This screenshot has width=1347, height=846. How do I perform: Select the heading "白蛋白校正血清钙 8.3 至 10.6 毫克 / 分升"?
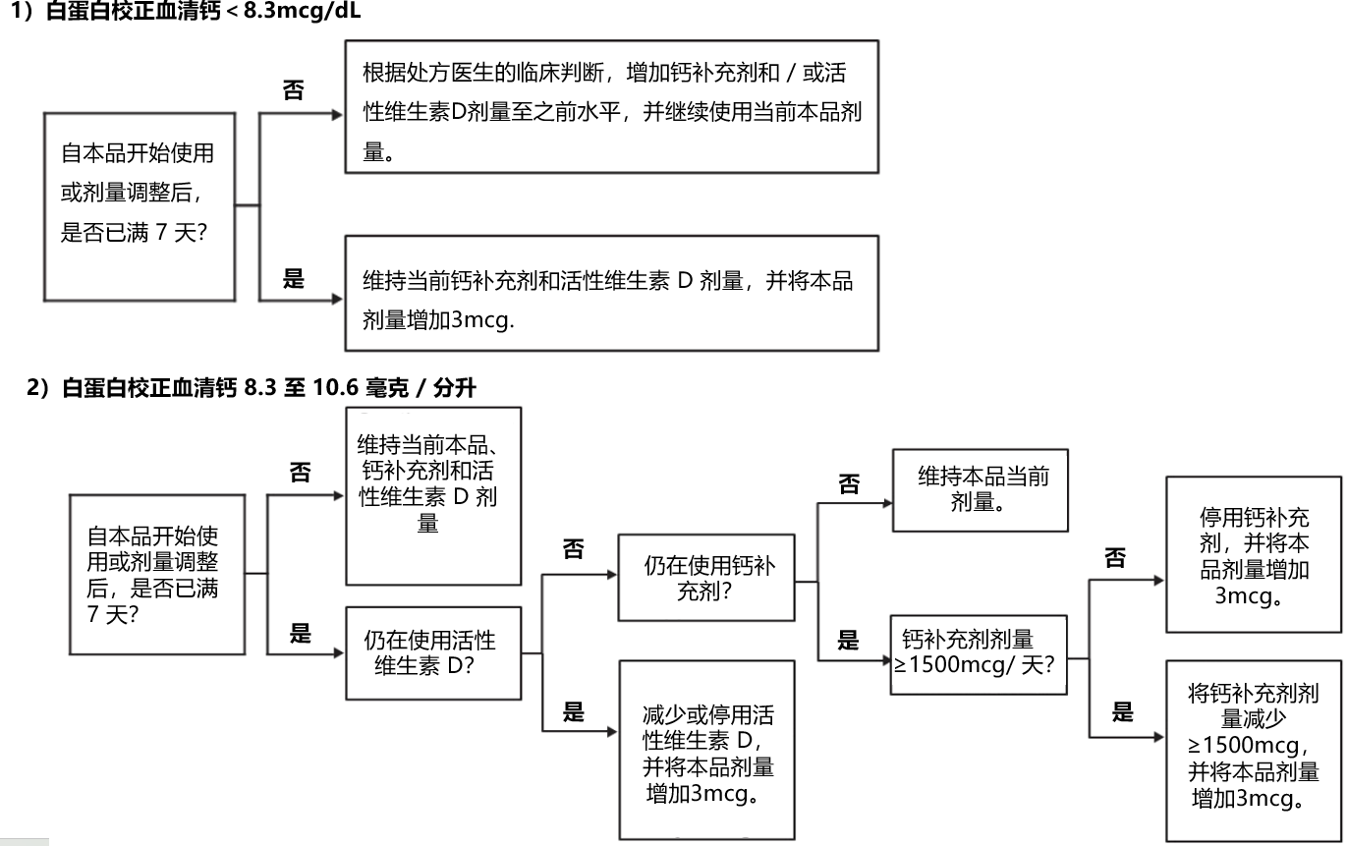[252, 388]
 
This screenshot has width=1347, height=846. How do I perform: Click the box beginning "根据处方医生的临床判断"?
[611, 106]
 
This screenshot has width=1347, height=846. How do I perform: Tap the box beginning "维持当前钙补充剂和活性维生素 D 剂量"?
[611, 293]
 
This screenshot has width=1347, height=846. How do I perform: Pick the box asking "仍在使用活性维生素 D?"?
[432, 652]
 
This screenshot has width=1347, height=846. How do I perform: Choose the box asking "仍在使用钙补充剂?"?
[705, 578]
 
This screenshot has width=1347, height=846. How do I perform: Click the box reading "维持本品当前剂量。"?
[980, 489]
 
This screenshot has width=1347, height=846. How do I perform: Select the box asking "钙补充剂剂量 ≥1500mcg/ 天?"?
[978, 653]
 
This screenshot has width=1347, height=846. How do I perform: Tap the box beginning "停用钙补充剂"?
[1253, 554]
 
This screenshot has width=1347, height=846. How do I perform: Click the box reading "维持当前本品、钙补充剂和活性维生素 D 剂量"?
[432, 495]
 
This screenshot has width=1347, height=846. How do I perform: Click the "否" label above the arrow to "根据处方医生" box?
[293, 91]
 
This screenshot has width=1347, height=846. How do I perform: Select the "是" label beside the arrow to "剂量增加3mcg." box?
[293, 278]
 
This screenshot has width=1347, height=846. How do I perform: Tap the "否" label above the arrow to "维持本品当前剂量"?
[848, 483]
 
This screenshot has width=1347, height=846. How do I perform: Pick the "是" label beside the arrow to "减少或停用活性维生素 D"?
[574, 711]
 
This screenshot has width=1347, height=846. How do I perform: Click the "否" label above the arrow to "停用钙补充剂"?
[1115, 558]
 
